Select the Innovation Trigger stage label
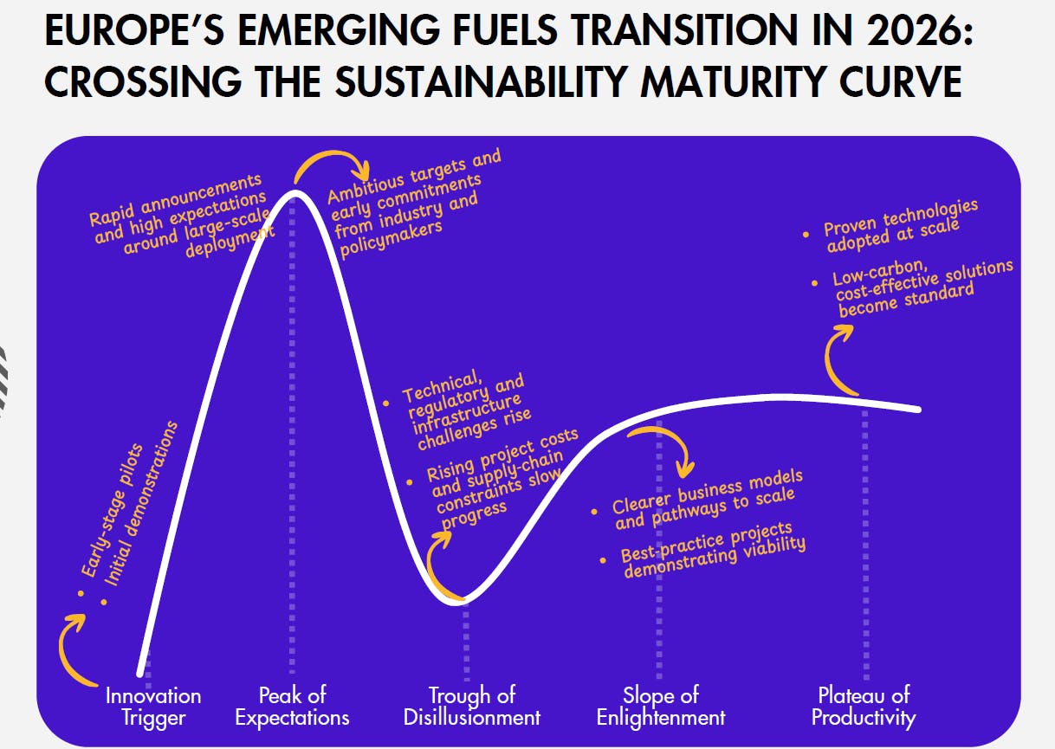(153, 707)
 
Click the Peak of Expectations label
(292, 707)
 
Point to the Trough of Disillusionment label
(472, 707)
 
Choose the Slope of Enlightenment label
(661, 707)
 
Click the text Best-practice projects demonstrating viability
(713, 551)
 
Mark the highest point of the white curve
(294, 192)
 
